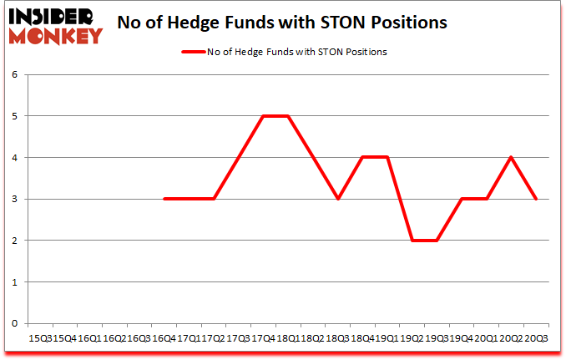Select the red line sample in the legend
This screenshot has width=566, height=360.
194,52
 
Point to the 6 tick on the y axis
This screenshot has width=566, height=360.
14,75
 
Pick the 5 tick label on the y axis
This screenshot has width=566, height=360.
14,116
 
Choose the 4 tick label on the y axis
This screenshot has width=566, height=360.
14,158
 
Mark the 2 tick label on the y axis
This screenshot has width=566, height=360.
14,241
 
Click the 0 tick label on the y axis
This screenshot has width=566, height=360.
14,323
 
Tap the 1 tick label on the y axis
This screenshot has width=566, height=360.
14,282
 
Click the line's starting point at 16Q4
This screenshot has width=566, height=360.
164,199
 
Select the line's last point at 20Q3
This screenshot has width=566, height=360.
537,199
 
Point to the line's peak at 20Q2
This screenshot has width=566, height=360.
512,158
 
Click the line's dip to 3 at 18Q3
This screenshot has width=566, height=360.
338,199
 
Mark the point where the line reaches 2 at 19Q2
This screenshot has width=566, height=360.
412,241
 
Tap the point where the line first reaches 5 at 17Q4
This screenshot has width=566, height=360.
264,116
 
